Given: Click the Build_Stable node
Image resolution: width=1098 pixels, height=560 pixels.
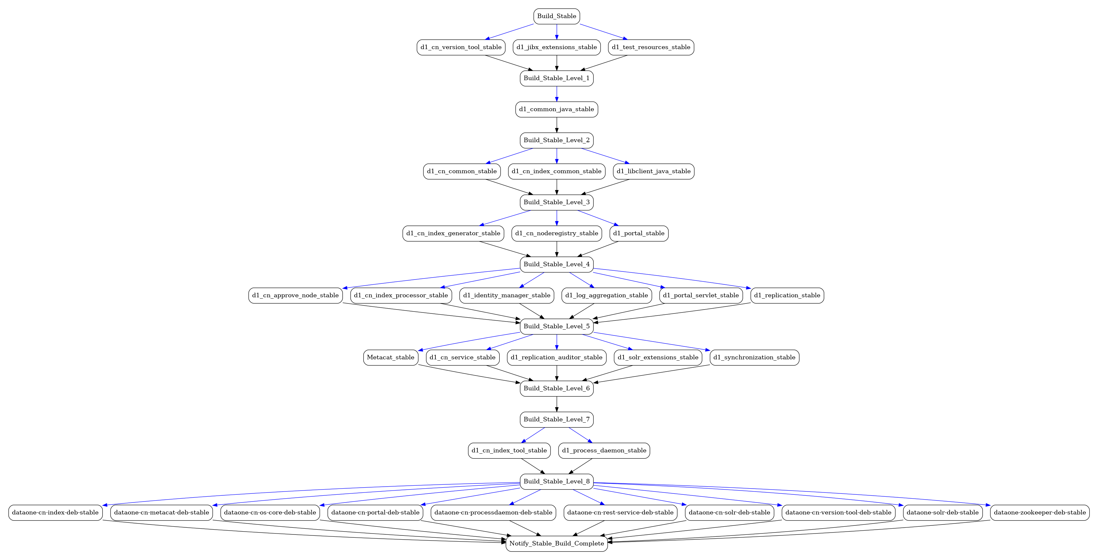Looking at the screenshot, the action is [x=556, y=16].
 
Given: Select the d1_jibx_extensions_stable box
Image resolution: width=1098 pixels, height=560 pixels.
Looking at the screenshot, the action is [x=556, y=47].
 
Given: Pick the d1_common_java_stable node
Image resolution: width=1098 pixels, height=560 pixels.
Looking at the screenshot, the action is [x=556, y=110].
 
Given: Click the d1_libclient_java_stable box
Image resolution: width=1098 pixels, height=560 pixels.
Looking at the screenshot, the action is [x=654, y=171].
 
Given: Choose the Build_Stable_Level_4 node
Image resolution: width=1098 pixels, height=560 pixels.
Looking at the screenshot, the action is [x=556, y=265].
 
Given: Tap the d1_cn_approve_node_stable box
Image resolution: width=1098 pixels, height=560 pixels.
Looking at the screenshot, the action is [x=295, y=296].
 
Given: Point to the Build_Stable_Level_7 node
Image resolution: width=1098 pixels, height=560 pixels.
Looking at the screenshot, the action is [x=556, y=420].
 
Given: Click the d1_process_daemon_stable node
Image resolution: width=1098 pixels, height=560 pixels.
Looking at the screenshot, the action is [x=604, y=451].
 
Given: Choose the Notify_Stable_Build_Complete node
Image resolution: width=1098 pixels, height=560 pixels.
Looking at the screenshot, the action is [x=556, y=544].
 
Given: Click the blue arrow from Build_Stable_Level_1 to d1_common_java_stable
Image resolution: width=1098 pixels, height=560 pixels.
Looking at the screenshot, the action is [x=556, y=94].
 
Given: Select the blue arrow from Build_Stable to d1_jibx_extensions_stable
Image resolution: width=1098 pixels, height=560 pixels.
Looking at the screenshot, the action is [x=556, y=32].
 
